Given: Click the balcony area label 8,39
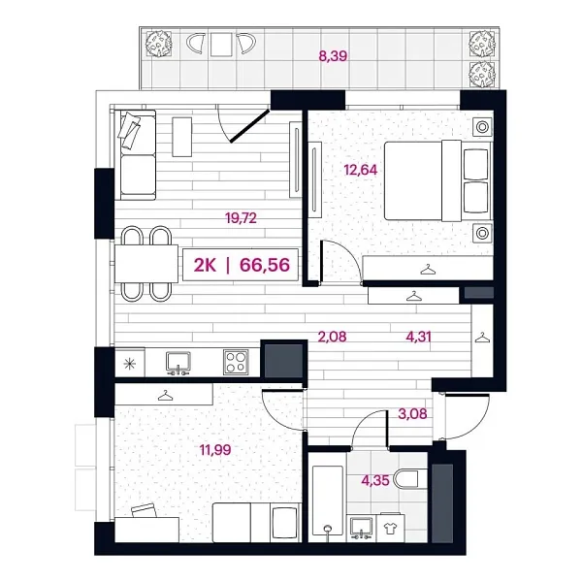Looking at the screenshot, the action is coord(333,56).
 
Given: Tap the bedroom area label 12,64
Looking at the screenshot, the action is coord(361,170).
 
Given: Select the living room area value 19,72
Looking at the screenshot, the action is coord(241,218).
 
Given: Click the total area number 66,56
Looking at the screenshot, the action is coord(265,265).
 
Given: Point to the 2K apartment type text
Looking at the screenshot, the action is coord(205,265).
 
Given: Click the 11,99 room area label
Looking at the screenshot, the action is coord(215,450).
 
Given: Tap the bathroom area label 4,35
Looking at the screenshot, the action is coord(375,481).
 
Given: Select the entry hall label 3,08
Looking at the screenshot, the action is coord(412,413).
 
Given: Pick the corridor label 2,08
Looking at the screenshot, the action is coord(332,337).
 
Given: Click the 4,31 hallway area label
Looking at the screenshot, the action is coord(419,337).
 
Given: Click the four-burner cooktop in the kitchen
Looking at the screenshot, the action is coord(236,362).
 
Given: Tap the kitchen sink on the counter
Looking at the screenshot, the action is coord(178,363).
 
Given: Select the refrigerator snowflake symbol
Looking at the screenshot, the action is coord(129,364).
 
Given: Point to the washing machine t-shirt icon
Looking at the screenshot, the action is coord(390,528).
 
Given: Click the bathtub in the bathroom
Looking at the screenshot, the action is coord(328,501).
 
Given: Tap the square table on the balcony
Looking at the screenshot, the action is coord(221,45).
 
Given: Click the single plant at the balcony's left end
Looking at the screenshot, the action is coord(158,43).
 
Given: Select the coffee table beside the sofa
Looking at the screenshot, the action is coord(182,137).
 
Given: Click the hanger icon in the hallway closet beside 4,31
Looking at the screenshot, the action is coord(482,338).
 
